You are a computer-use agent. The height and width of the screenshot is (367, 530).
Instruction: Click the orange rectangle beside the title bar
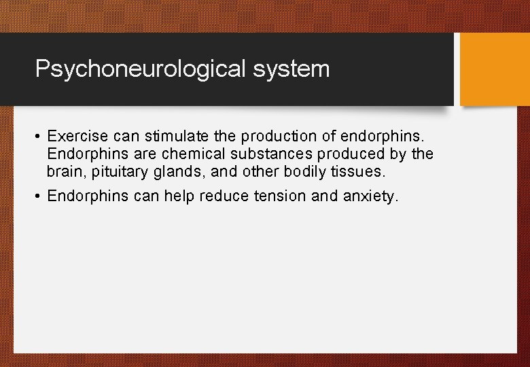(494, 69)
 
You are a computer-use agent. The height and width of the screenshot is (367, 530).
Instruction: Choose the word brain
(63, 172)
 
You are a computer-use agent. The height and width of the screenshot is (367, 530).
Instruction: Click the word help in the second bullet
(179, 196)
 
